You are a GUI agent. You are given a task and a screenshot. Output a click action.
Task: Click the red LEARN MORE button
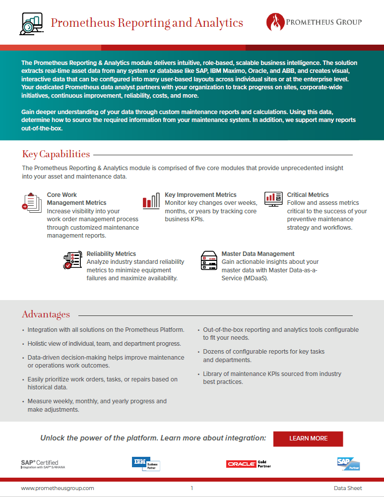pos(308,438)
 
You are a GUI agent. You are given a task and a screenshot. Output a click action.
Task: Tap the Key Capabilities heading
pos(56,154)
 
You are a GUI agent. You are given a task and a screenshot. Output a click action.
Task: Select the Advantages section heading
pos(46,314)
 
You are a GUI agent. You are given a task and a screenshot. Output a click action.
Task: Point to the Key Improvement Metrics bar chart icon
pos(151,200)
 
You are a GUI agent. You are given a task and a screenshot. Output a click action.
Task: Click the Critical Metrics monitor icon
pos(273,199)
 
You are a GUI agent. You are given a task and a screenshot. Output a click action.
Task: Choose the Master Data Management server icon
pos(209,260)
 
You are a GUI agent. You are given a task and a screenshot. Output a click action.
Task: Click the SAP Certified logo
pos(39,464)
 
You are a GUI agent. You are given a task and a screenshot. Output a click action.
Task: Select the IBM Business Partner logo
pos(146,463)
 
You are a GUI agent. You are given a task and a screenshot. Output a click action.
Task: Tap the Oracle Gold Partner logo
pos(247,464)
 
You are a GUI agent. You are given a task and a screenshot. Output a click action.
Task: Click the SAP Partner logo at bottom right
pos(348,463)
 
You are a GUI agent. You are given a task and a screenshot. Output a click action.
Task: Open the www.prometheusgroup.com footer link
pos(57,488)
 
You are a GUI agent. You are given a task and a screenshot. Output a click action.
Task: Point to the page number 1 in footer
pos(192,488)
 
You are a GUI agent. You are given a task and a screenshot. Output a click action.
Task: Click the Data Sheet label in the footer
pos(348,488)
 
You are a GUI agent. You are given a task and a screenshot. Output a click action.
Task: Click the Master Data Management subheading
pos(258,253)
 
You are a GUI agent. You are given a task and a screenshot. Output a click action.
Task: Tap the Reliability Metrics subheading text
pos(111,253)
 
